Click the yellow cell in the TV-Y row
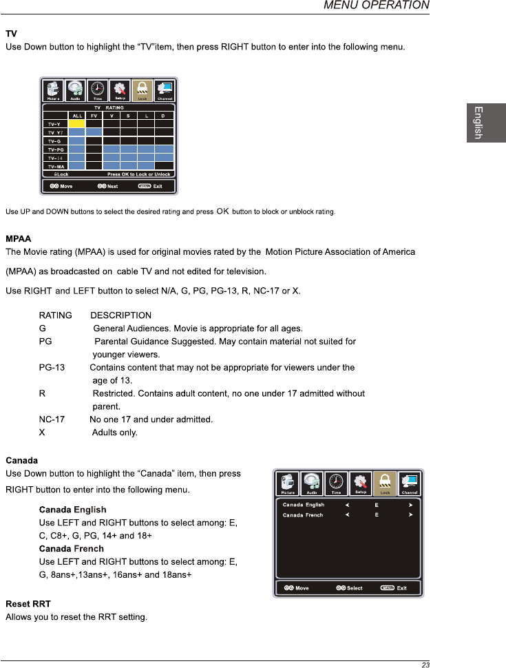[x=76, y=123]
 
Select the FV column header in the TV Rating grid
[x=94, y=116]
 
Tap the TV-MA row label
[x=55, y=166]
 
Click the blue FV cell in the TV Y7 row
[x=94, y=132]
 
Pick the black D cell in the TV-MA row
[x=163, y=166]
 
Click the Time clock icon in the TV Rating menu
[x=98, y=89]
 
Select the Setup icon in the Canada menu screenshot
[x=360, y=483]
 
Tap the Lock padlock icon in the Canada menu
[x=385, y=483]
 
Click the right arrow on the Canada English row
[x=410, y=505]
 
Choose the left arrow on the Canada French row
[x=348, y=514]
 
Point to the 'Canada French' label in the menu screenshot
[x=303, y=514]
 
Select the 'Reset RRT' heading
[x=28, y=603]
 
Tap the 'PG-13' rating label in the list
[x=52, y=368]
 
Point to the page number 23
[x=425, y=665]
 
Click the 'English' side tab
[x=476, y=123]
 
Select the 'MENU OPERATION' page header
[x=377, y=6]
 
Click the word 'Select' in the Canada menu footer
[x=355, y=587]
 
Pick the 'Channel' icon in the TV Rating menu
[x=165, y=90]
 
